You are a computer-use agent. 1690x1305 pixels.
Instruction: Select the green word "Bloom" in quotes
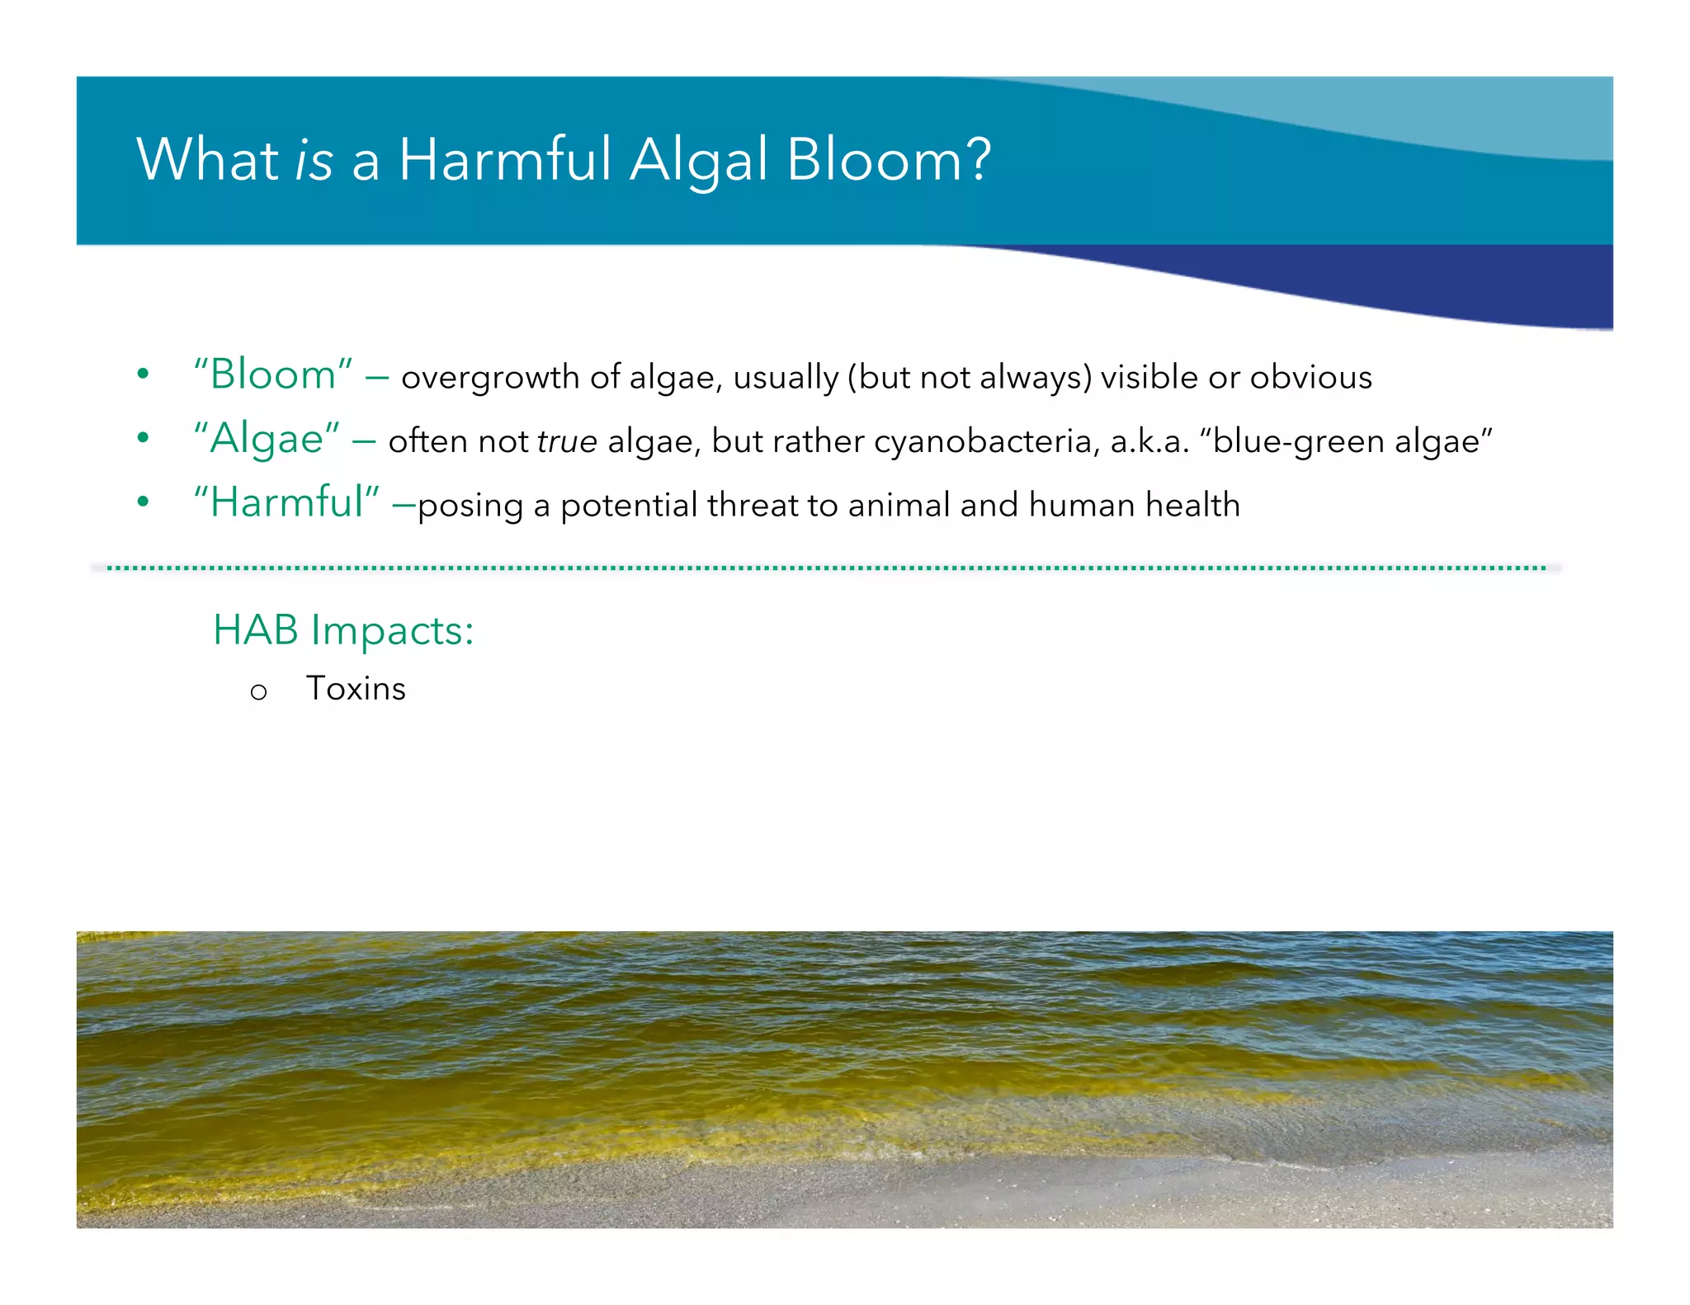pyautogui.click(x=273, y=375)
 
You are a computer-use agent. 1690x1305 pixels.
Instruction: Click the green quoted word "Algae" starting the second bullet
pyautogui.click(x=267, y=438)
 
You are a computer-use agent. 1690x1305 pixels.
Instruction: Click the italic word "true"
pyautogui.click(x=567, y=441)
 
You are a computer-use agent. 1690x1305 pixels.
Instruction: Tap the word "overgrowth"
pyautogui.click(x=490, y=378)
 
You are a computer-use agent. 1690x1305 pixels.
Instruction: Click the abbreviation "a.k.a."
pyautogui.click(x=1149, y=441)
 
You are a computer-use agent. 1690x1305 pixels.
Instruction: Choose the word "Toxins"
pyautogui.click(x=356, y=689)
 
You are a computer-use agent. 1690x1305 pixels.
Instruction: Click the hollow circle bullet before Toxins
pyautogui.click(x=258, y=692)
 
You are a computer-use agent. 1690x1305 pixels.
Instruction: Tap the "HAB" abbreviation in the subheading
pyautogui.click(x=255, y=630)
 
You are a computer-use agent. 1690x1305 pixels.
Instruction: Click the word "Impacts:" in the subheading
pyautogui.click(x=392, y=632)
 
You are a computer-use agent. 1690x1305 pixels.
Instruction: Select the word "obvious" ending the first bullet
pyautogui.click(x=1310, y=377)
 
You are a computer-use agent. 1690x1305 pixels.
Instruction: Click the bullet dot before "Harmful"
pyautogui.click(x=143, y=502)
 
